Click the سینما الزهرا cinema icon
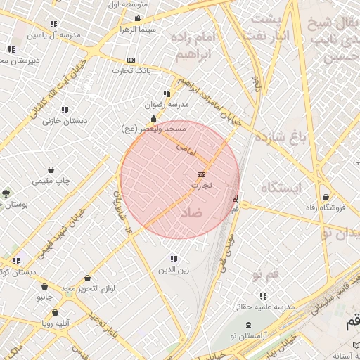[x=138, y=18]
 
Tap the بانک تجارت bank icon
[x=131, y=60]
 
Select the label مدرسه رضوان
[x=167, y=104]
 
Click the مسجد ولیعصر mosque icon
[x=153, y=119]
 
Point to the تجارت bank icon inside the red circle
[x=202, y=174]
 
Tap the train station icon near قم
[x=235, y=198]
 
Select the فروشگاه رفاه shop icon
[x=325, y=197]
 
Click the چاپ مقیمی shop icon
[x=51, y=169]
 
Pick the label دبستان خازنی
[x=65, y=121]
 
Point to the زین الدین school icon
[x=174, y=259]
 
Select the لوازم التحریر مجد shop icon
[x=87, y=278]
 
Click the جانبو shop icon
[x=45, y=287]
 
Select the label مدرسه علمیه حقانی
[x=263, y=307]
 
